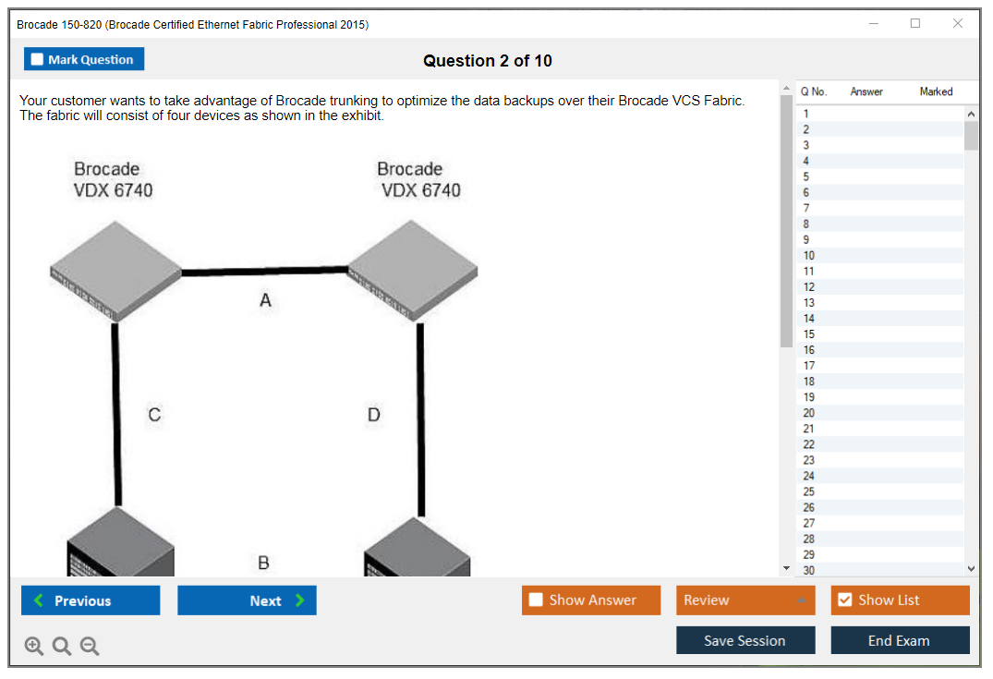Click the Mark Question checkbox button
tap(83, 59)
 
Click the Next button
tap(247, 600)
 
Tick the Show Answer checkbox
tap(536, 600)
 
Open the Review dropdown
tap(745, 600)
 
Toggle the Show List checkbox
tap(845, 600)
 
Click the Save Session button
tap(745, 640)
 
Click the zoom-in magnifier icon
tap(34, 646)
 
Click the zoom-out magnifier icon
tap(90, 646)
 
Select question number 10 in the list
tap(808, 256)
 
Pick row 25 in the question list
tap(808, 492)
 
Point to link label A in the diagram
tap(265, 300)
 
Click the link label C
tap(154, 415)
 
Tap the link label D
tap(373, 415)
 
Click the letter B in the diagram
tap(263, 563)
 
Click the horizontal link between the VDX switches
tap(264, 271)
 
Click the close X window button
tap(958, 23)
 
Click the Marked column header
tap(936, 91)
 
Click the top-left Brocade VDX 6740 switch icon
tap(115, 271)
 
